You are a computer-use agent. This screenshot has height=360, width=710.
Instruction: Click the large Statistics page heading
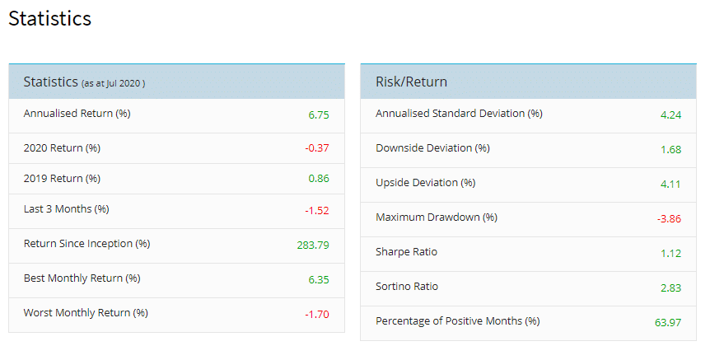point(49,18)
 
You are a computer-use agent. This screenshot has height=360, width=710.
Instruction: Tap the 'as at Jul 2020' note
point(114,83)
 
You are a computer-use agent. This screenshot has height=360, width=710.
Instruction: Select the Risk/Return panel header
point(411,82)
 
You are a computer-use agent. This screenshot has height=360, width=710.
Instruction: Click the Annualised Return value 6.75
point(319,115)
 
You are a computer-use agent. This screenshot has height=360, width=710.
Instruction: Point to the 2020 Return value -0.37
point(317,148)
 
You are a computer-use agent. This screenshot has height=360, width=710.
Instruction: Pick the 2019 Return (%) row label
point(62,179)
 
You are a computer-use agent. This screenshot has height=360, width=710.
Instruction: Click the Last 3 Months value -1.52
point(317,210)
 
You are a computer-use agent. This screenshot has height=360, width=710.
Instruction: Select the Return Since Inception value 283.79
point(313,245)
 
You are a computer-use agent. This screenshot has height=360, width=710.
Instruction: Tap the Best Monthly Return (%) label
point(82,278)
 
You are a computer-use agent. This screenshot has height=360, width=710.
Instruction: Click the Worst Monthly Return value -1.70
point(317,314)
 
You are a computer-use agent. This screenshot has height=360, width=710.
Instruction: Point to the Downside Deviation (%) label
point(432,148)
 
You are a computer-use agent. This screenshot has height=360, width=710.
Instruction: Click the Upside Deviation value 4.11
point(670,184)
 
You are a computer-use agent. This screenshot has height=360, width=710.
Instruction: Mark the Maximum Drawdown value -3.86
point(669,218)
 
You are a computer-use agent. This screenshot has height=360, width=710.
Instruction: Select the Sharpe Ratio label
point(406,252)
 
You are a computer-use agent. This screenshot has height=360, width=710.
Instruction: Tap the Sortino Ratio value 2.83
point(670,288)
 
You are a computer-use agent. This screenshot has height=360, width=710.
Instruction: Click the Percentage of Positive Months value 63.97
point(668,322)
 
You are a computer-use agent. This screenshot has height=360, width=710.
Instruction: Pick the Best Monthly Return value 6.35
point(319,279)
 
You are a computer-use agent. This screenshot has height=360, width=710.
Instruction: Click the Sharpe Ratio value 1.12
point(670,253)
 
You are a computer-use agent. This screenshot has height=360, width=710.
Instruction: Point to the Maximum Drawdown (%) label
point(437,217)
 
